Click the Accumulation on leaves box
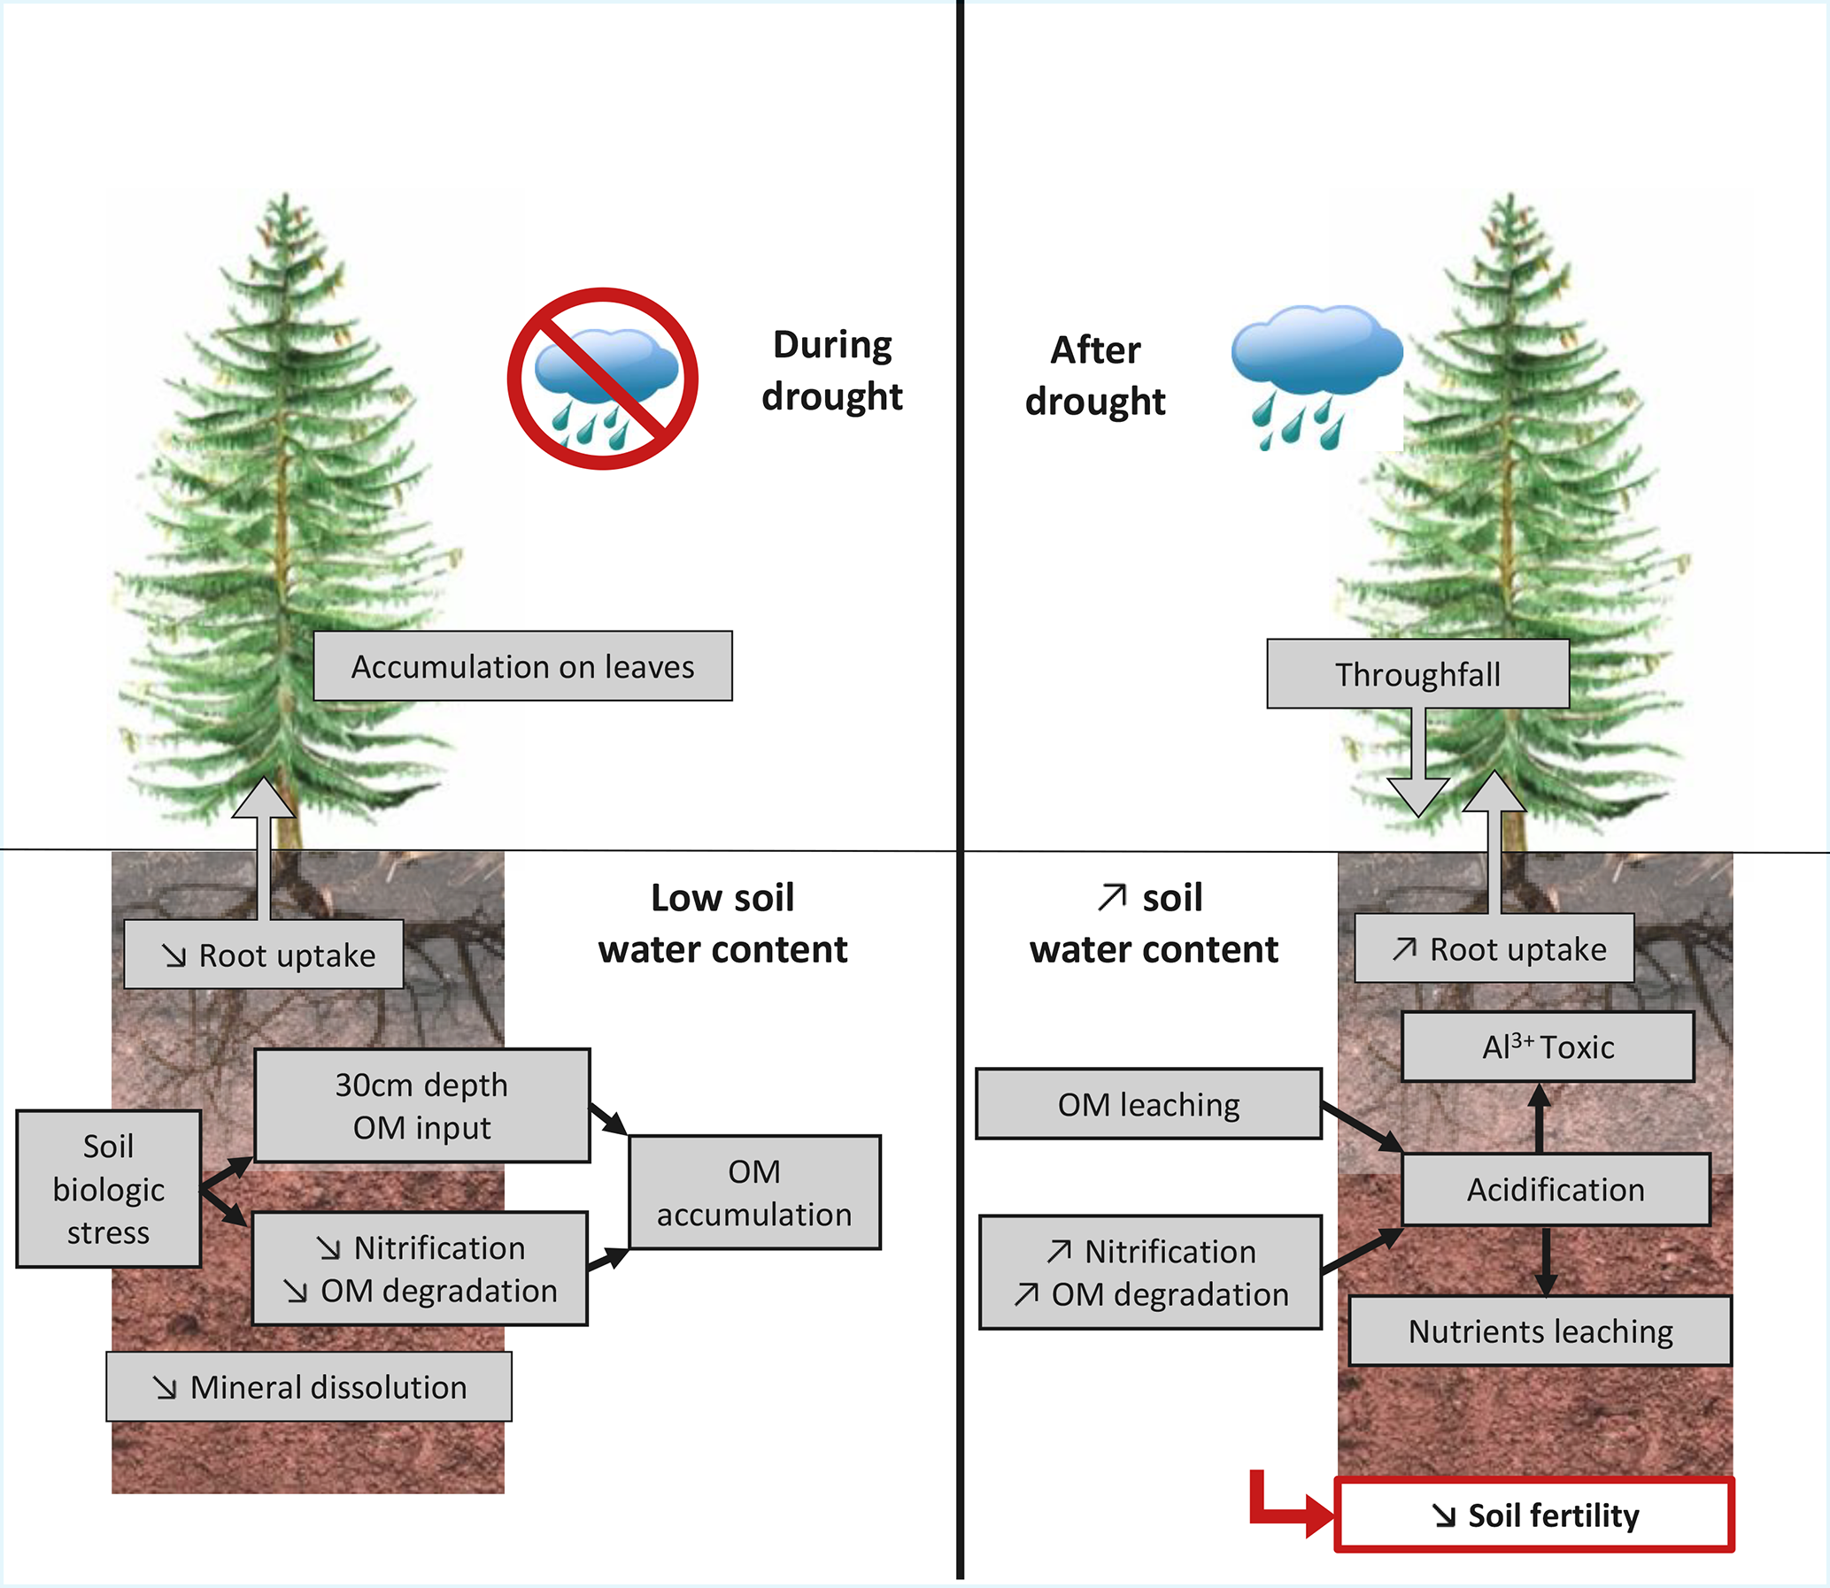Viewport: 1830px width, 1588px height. [522, 666]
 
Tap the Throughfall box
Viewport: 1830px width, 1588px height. [1417, 674]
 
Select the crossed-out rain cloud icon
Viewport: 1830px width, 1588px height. [603, 379]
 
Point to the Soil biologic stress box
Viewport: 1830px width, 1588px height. [108, 1189]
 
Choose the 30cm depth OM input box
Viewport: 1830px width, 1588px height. [422, 1106]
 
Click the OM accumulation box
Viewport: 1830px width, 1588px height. [754, 1193]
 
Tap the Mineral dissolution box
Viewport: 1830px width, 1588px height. [309, 1387]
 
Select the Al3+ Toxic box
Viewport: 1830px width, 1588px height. [1548, 1047]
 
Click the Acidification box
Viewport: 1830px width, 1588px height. [1556, 1189]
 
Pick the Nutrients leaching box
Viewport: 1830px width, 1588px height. [1540, 1331]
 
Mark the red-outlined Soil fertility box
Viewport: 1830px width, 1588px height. [1534, 1515]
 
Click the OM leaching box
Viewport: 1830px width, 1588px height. [1148, 1104]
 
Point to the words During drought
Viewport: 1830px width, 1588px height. [831, 371]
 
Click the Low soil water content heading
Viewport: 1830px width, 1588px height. [722, 924]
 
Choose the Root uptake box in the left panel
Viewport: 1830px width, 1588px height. [263, 955]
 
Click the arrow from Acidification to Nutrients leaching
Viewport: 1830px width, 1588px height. [1546, 1262]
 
